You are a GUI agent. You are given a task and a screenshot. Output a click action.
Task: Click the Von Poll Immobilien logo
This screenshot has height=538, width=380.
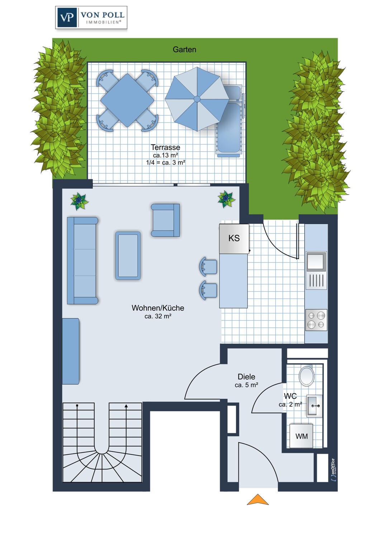91,18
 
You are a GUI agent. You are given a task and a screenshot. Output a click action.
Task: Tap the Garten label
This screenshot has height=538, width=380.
184,49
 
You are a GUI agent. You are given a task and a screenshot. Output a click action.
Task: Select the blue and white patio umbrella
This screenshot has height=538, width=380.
197,99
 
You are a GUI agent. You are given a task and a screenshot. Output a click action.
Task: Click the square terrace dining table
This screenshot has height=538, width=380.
127,100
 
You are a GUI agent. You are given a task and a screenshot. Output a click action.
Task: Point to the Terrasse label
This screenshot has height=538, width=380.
165,147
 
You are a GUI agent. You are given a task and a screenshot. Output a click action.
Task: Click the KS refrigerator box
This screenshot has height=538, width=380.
234,239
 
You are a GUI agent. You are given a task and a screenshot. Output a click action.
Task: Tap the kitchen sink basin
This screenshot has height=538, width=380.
316,261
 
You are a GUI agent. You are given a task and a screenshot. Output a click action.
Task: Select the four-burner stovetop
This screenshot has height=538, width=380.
316,320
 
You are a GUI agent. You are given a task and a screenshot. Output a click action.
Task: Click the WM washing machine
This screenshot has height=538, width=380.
301,436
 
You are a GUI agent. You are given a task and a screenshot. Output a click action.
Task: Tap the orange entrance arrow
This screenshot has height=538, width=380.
258,499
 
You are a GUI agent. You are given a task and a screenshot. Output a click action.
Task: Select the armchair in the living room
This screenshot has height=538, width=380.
165,220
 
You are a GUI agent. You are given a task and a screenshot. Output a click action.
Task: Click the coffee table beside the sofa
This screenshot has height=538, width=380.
128,255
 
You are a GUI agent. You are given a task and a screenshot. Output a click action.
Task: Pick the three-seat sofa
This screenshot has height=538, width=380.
82,261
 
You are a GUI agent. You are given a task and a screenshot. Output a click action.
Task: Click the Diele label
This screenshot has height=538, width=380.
246,377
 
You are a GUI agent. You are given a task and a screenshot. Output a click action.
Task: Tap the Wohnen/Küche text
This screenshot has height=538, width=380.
158,308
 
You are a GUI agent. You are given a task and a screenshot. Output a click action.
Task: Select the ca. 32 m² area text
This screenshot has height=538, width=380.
158,316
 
